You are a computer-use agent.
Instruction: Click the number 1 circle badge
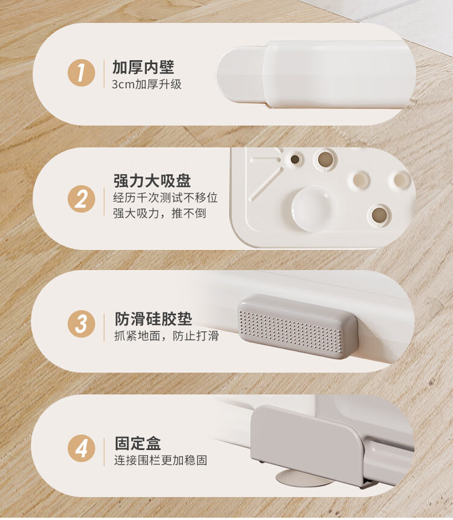[82, 73]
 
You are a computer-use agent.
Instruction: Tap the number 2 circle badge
[82, 199]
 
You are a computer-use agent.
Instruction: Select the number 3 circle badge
[82, 324]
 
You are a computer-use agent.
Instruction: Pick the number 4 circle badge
[82, 448]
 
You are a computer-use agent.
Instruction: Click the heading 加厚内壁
[143, 67]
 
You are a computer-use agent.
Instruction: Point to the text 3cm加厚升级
[147, 84]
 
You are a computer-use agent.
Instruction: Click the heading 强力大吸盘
[152, 181]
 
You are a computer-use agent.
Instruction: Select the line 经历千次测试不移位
[165, 197]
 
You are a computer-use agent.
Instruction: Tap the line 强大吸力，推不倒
[159, 213]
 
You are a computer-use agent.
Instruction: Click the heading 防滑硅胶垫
[153, 319]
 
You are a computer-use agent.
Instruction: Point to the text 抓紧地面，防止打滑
[167, 336]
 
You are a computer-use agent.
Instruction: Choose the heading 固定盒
[138, 443]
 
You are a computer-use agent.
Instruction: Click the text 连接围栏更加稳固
[161, 460]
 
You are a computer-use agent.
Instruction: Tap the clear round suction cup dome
[313, 208]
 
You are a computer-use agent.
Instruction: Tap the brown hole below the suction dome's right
[379, 215]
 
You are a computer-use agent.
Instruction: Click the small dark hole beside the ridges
[295, 159]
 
